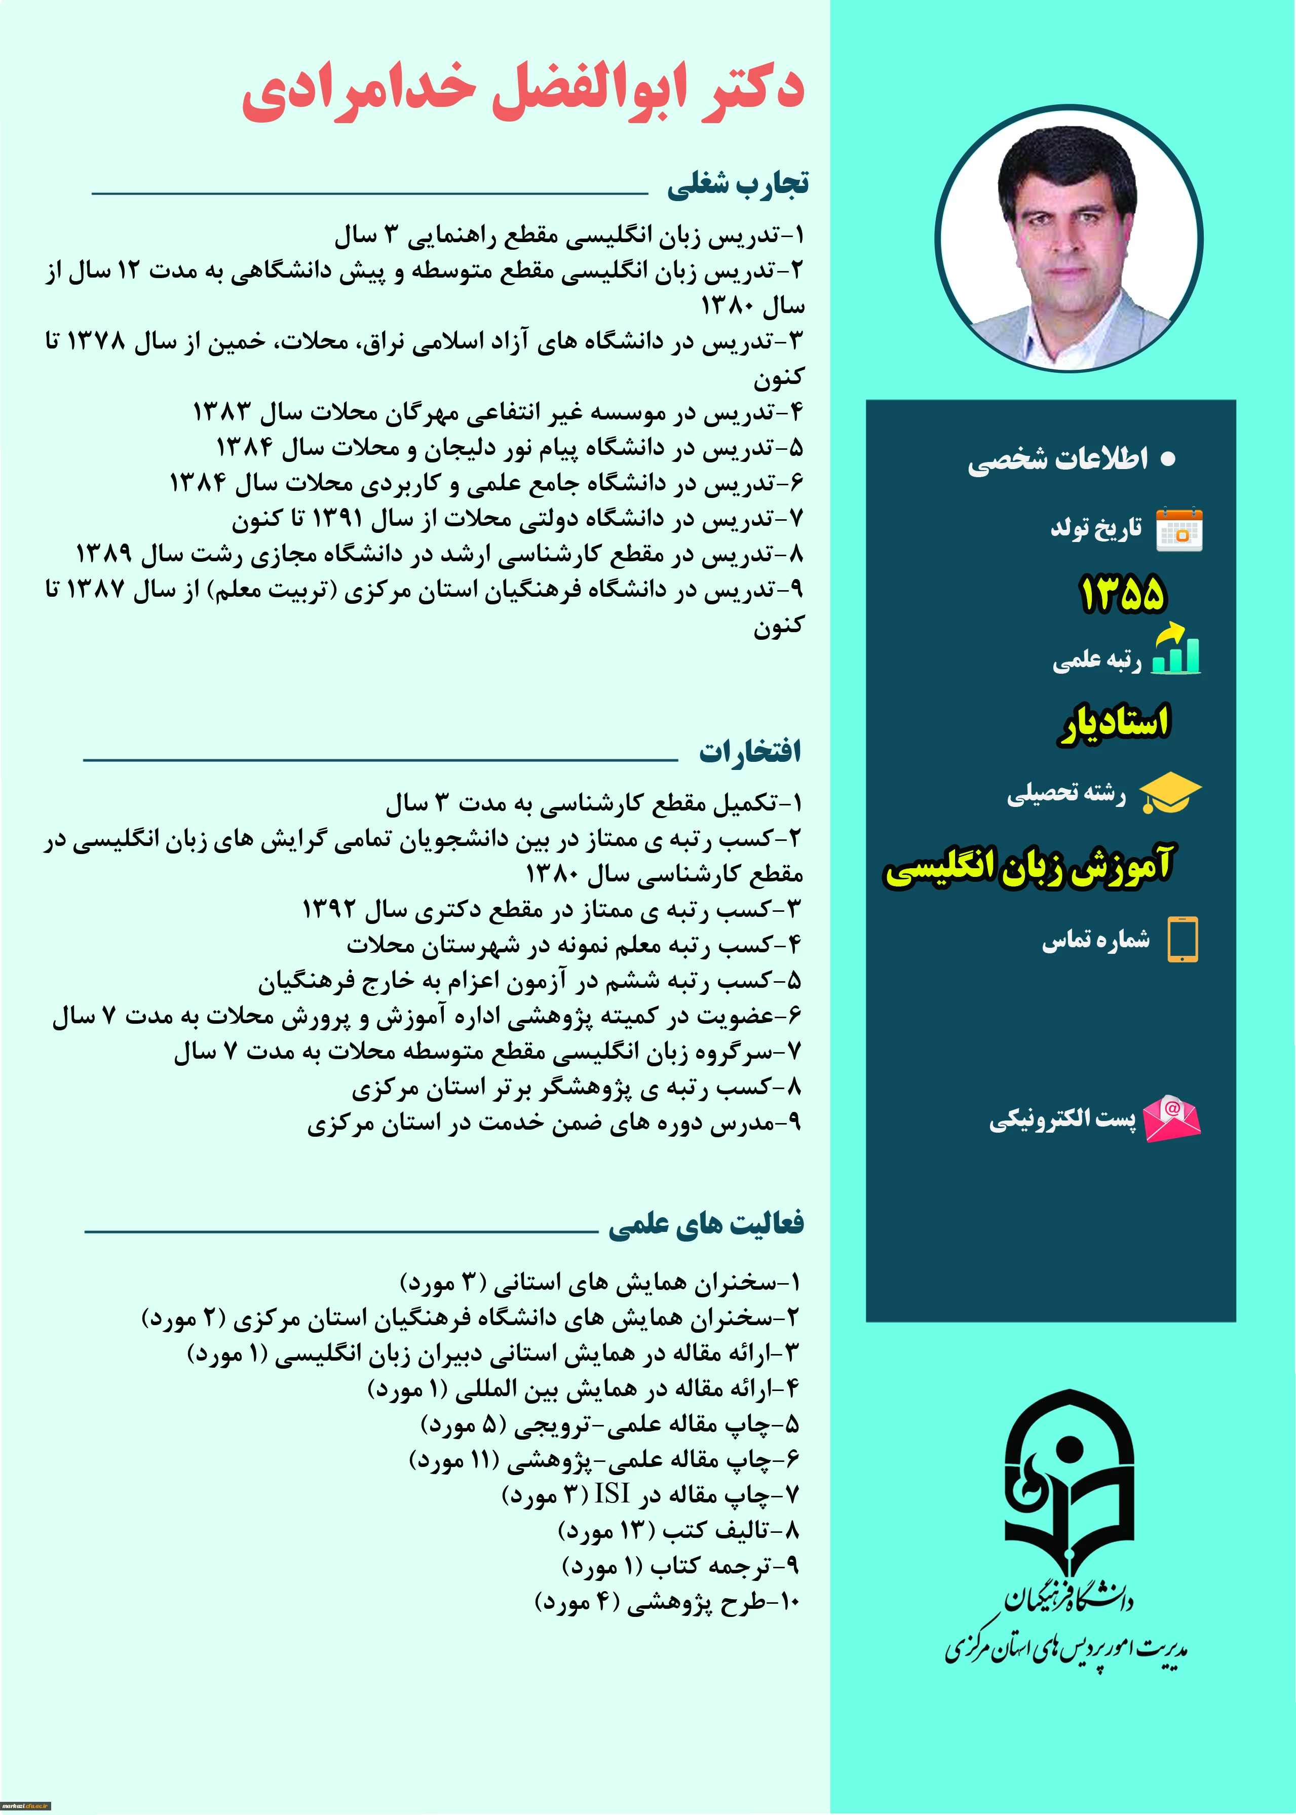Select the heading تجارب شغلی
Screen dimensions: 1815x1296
pos(737,184)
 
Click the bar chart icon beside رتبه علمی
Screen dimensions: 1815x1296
pos(1176,650)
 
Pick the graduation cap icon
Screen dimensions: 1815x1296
pos(1170,794)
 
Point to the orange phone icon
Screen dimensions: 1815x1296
pos(1183,940)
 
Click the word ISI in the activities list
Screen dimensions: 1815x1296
pos(612,1493)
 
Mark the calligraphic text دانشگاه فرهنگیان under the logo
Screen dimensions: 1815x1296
pos(1069,1599)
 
